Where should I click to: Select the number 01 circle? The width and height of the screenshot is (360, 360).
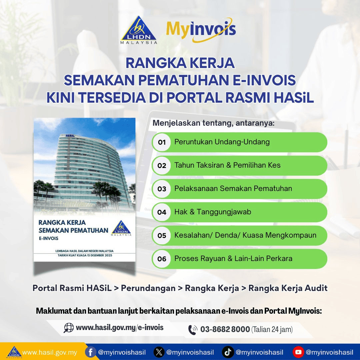point(162,142)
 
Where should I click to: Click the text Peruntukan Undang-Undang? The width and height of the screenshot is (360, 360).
point(222,142)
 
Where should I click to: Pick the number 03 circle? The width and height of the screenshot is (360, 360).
point(162,189)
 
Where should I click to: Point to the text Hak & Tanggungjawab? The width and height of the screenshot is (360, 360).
point(213,212)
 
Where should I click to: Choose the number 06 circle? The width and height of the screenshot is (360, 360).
point(162,259)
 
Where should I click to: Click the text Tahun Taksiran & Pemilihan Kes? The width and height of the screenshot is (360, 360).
point(227,165)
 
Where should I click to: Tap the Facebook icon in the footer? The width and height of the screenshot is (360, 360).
point(90,352)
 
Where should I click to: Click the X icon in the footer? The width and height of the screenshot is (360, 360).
point(159,352)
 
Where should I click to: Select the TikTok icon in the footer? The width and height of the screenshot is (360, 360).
point(228,352)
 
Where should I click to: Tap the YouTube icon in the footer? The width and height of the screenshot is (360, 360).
point(298,352)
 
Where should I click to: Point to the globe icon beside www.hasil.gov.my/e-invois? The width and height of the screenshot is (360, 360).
point(69,328)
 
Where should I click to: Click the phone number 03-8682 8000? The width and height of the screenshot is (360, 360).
point(225,330)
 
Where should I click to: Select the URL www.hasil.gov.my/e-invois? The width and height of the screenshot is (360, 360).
point(120,328)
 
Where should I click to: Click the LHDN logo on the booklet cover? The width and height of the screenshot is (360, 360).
point(121,228)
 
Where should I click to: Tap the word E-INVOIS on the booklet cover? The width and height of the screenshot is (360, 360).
point(49,238)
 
